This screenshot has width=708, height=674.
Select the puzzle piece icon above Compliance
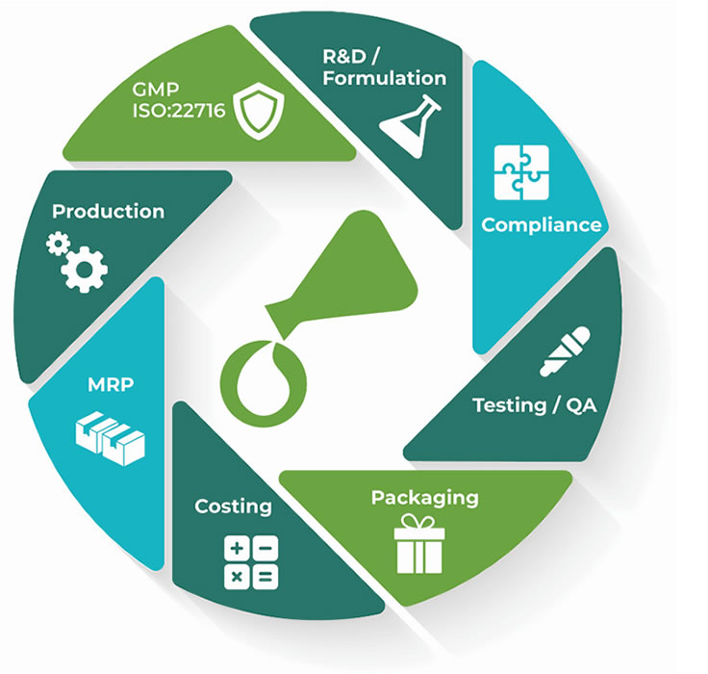(521, 172)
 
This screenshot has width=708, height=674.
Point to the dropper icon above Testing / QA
(565, 352)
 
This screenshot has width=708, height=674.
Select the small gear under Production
(57, 245)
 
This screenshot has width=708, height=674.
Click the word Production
(108, 211)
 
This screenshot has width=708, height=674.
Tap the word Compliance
(542, 225)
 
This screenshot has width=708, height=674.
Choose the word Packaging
(424, 498)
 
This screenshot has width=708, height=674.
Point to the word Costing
(233, 505)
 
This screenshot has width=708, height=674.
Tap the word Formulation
(386, 79)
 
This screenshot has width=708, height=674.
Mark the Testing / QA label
(535, 404)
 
